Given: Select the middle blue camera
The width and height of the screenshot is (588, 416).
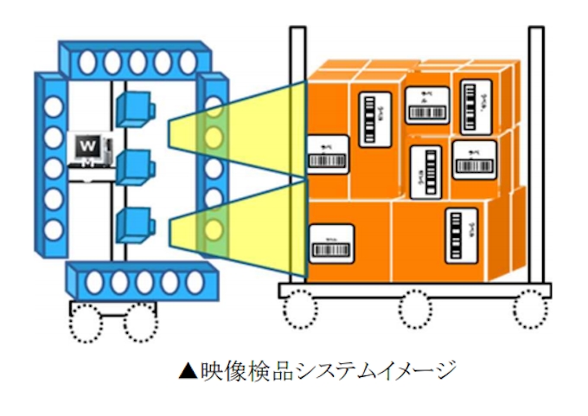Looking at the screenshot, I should (133, 166).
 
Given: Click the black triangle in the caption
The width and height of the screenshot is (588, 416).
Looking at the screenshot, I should (187, 372).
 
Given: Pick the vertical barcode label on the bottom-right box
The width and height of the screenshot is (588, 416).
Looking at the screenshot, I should (459, 234).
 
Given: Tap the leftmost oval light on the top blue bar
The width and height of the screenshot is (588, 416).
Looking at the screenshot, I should (86, 61).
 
